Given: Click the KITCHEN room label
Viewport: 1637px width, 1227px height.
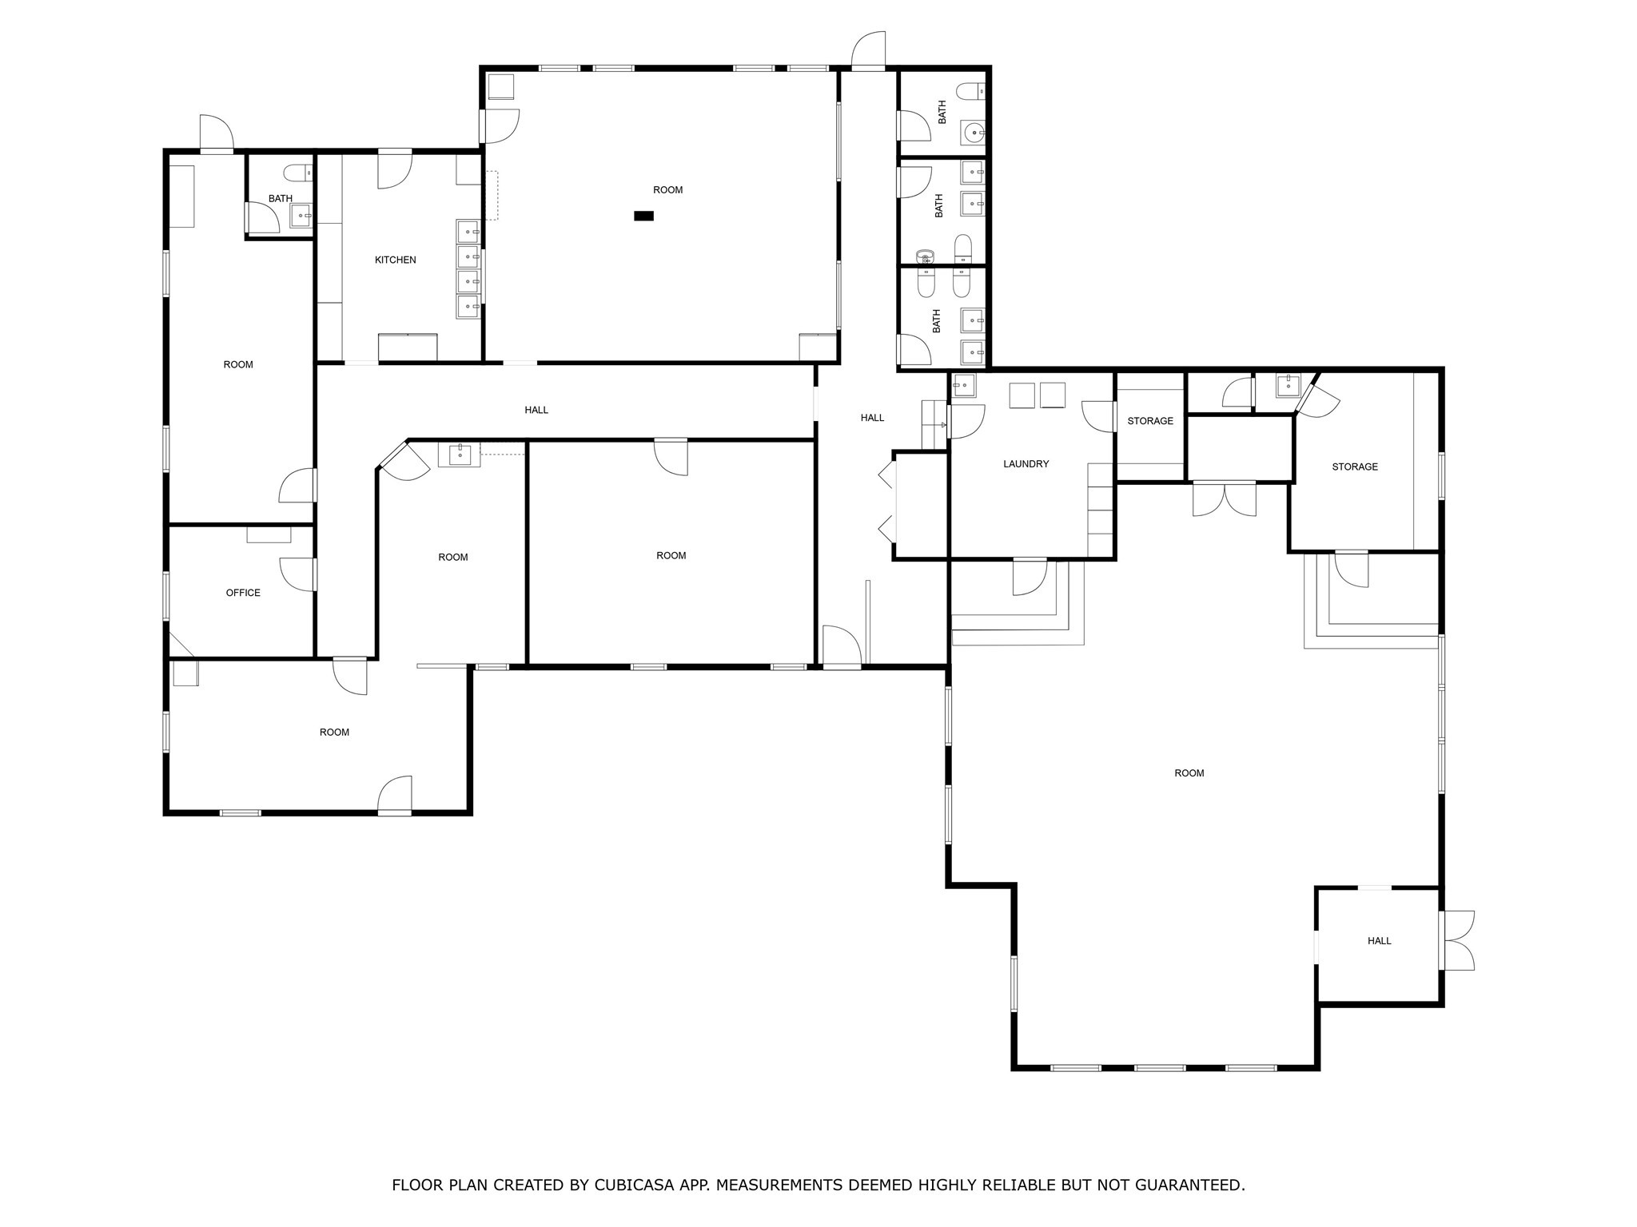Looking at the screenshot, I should coord(395,260).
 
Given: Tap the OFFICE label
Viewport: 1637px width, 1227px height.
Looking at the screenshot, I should coord(243,593).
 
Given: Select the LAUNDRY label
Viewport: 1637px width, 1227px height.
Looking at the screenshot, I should coord(1026,464).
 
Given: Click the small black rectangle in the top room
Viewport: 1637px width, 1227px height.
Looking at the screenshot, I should coord(643,216).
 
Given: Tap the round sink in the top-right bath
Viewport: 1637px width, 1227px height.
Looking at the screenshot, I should coord(974,133).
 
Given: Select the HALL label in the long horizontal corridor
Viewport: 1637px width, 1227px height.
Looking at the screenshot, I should coord(536,410).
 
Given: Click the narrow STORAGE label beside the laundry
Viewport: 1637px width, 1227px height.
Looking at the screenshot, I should coord(1150,421).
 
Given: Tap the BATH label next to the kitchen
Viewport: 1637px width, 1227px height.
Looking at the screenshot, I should coord(280,199).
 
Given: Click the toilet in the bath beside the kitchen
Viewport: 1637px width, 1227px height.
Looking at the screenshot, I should coord(297,172).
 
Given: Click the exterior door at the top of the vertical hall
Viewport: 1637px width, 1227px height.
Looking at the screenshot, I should coord(869,51).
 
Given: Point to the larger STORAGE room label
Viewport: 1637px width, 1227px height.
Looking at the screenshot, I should coord(1354,467).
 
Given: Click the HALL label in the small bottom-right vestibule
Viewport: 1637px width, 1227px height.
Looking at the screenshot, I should coord(1379,941).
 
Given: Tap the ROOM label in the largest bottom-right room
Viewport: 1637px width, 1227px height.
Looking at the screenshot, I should coord(1189,773).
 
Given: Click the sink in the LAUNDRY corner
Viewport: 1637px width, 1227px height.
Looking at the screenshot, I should coord(963,385).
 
